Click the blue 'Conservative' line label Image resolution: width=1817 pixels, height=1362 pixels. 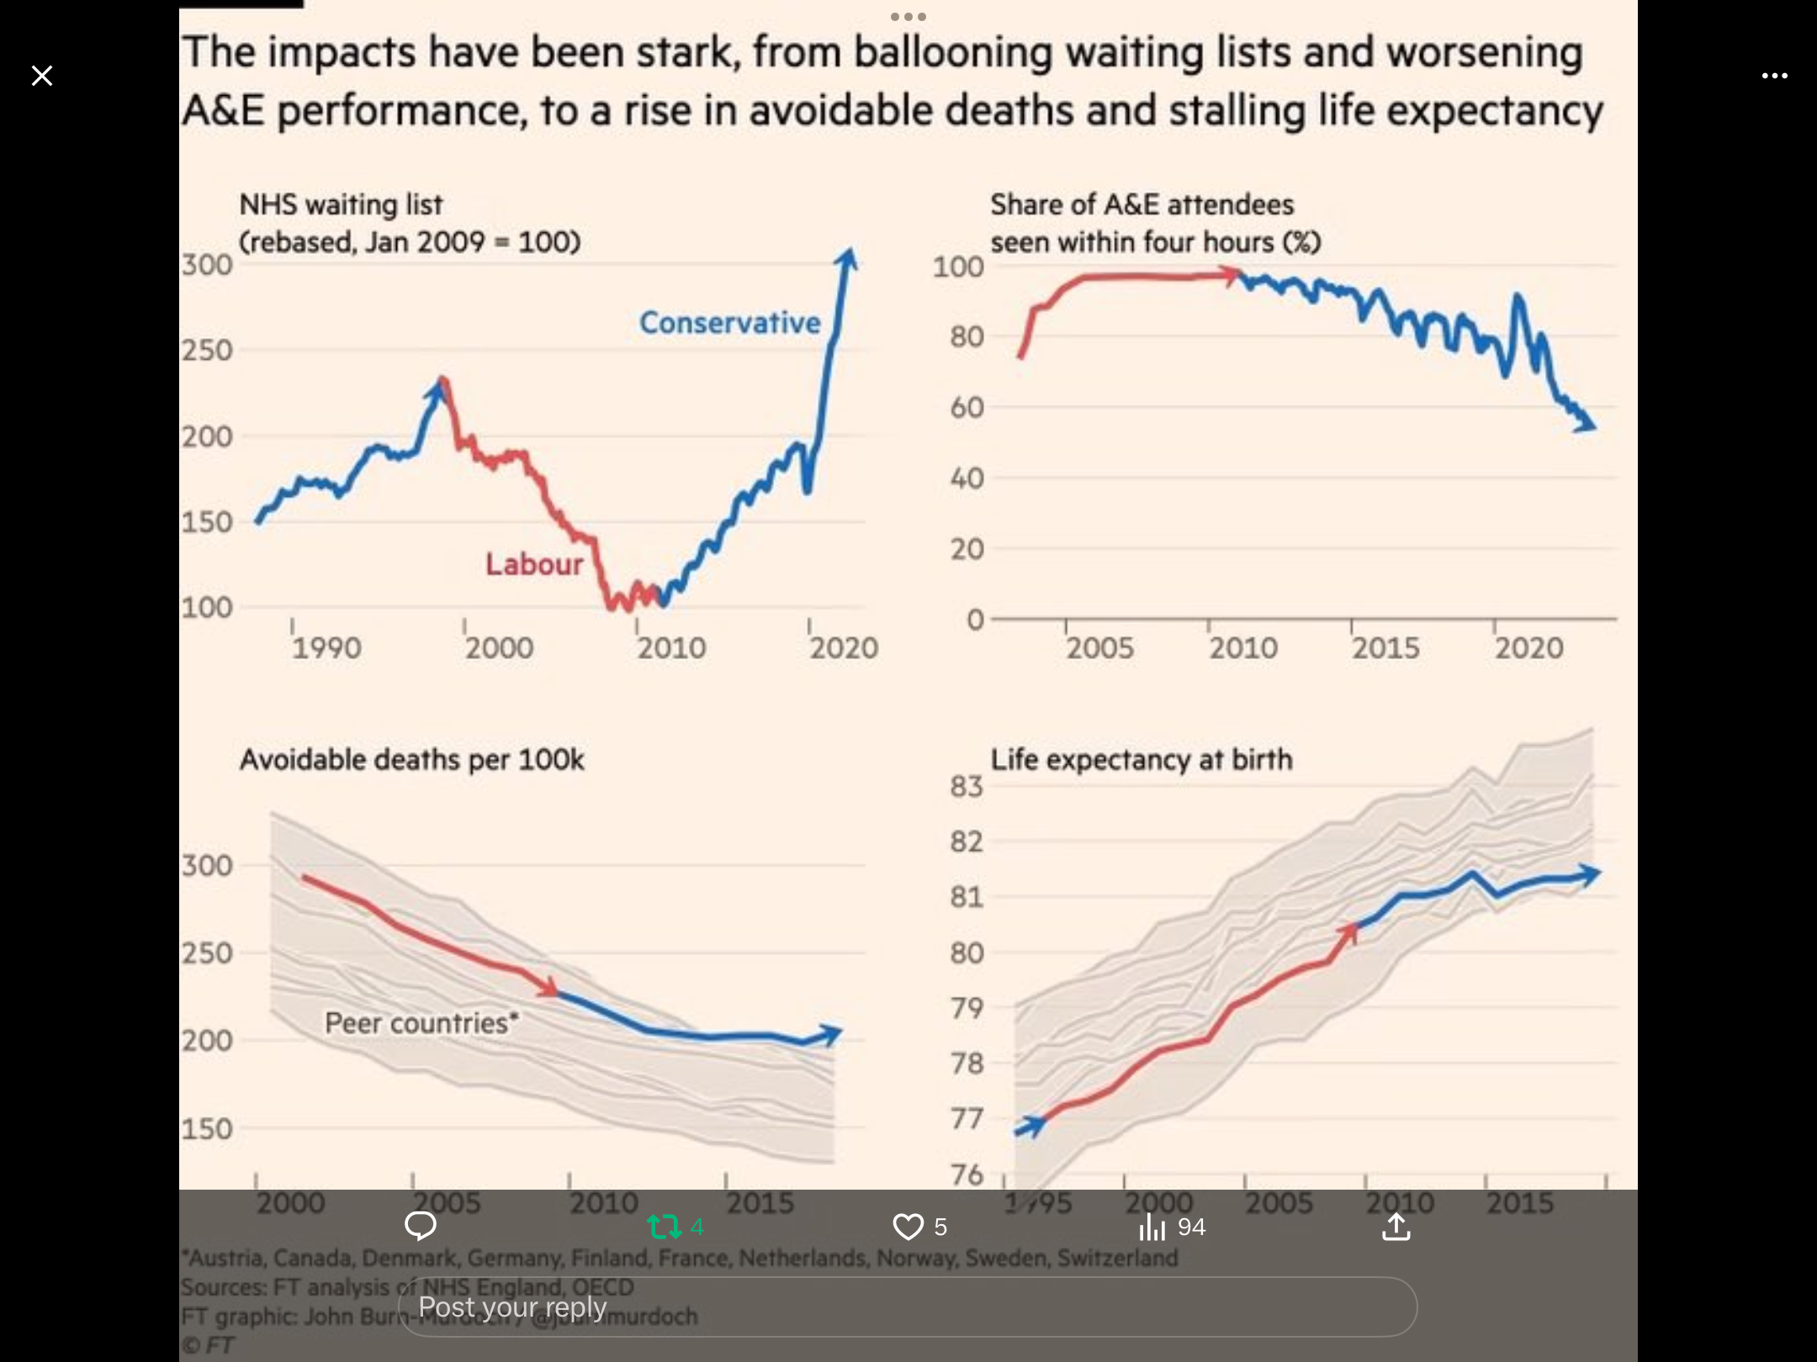(729, 323)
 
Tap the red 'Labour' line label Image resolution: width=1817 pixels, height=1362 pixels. (534, 564)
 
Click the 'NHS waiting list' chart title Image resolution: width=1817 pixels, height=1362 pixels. (341, 205)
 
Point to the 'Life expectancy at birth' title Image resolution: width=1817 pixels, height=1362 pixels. (1141, 759)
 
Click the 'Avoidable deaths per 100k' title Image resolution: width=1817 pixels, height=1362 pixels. (411, 759)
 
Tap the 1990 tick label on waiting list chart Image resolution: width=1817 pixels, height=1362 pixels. (326, 648)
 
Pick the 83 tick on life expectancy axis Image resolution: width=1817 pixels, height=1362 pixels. (967, 786)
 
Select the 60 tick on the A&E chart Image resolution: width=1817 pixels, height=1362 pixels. (967, 408)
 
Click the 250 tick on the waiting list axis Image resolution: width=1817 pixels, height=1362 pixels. (207, 351)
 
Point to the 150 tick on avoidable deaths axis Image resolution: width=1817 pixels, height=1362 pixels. (207, 1129)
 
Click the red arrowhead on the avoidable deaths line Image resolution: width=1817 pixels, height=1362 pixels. (549, 988)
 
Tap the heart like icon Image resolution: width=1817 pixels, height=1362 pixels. (908, 1227)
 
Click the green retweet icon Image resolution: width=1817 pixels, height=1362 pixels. (664, 1227)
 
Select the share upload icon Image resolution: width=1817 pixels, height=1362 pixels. (1396, 1227)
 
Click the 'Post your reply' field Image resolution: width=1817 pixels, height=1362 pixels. (907, 1307)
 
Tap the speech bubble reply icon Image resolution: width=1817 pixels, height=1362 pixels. (420, 1227)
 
